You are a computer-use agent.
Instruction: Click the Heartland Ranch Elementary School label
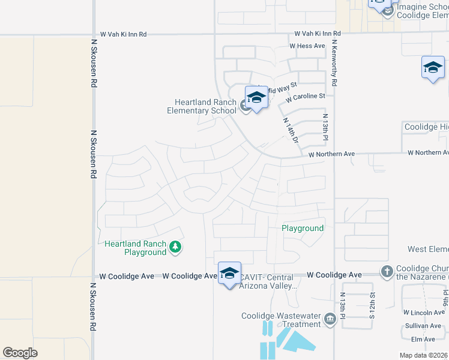205,106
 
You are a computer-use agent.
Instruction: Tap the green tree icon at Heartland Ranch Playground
175,247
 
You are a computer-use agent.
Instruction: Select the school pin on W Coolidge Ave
229,274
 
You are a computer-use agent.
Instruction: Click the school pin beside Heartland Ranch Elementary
256,98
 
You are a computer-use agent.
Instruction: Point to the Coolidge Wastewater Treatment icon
330,319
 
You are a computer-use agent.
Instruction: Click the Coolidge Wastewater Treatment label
281,320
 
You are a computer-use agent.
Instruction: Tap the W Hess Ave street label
307,46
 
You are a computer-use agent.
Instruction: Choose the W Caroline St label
305,96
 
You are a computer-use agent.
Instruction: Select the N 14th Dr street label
291,130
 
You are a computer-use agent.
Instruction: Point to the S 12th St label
372,304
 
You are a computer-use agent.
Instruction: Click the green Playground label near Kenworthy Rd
303,228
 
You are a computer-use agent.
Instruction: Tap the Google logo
20,353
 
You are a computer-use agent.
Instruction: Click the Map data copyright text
424,355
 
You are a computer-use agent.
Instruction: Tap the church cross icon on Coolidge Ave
386,272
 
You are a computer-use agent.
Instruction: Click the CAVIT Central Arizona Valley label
268,281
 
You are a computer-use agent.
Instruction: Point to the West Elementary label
427,249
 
